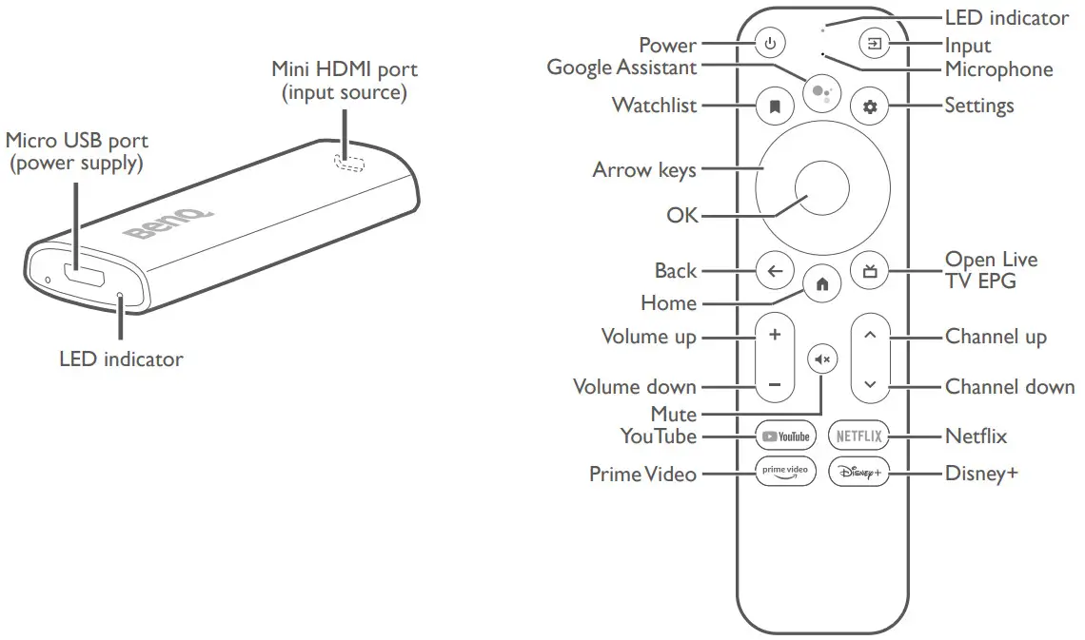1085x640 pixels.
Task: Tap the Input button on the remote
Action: coord(874,44)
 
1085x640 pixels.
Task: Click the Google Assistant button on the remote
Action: coord(821,92)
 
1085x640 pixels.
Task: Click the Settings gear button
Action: coord(869,107)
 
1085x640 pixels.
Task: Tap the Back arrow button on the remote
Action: coord(775,271)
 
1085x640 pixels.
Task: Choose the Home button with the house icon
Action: coord(821,283)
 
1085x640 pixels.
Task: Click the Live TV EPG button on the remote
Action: coord(869,271)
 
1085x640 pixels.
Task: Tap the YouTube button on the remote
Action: coord(785,436)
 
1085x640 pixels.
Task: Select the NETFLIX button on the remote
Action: coord(858,436)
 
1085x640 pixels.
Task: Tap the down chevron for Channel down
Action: coord(869,386)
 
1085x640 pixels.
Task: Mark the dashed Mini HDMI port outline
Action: coord(349,163)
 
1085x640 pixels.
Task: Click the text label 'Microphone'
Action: coord(998,69)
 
